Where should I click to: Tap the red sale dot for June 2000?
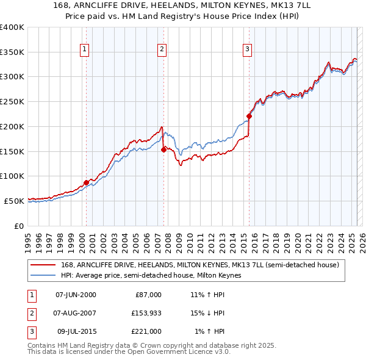pos(87,182)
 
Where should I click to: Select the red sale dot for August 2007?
pos(163,149)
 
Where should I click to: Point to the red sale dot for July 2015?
pos(249,116)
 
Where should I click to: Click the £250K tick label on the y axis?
pos(13,102)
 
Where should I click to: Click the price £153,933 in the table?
pos(145,313)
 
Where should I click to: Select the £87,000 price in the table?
pos(148,295)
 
